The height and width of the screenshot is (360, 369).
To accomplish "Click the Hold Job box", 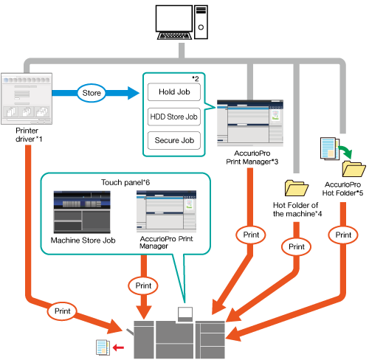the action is (x=174, y=92).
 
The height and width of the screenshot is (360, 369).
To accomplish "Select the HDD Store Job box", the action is (x=174, y=117).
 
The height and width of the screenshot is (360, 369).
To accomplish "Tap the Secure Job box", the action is (x=174, y=140).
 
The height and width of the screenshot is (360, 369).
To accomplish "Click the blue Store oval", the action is (x=92, y=93).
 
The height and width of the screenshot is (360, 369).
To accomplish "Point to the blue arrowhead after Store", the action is (x=134, y=93).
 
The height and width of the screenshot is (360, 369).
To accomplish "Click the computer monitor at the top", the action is (x=174, y=22).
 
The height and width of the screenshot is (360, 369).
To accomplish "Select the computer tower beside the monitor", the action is (x=201, y=22).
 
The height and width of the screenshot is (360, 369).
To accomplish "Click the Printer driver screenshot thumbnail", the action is (x=27, y=99).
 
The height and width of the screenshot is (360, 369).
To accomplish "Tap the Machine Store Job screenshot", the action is (x=82, y=212).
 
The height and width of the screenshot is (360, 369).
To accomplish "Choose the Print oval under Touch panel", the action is (x=143, y=285).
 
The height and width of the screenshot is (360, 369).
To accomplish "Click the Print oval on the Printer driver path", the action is (x=63, y=311).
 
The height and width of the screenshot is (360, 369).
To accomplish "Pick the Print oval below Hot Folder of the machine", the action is (x=297, y=246).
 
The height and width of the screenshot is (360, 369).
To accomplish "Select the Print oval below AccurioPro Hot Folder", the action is (x=343, y=235).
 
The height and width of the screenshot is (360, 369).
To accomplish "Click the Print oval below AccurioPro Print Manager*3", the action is (x=251, y=235).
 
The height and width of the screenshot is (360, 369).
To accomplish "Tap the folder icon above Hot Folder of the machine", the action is (x=297, y=188).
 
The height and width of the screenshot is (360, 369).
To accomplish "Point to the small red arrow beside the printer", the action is (x=118, y=347).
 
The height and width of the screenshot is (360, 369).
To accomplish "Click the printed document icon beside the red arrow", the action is (x=103, y=347).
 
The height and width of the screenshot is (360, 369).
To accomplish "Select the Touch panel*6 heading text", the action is (x=125, y=182).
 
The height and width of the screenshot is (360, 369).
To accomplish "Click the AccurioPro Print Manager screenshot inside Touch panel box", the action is (x=166, y=212).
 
